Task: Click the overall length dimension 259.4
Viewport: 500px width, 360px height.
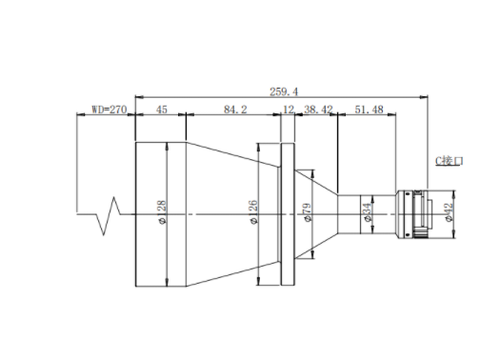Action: (284, 91)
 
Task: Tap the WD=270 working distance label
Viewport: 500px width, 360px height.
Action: (110, 110)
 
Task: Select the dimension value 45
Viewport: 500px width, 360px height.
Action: (161, 110)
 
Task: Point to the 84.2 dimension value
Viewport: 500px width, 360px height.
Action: (235, 110)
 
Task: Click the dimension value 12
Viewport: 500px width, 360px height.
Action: (289, 110)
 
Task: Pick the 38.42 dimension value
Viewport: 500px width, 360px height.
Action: (318, 110)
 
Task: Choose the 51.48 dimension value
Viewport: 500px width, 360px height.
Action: (369, 110)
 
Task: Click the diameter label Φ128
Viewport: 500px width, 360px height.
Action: (162, 212)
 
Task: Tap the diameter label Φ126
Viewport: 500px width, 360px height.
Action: (253, 212)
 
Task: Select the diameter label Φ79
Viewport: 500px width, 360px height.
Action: (308, 212)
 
